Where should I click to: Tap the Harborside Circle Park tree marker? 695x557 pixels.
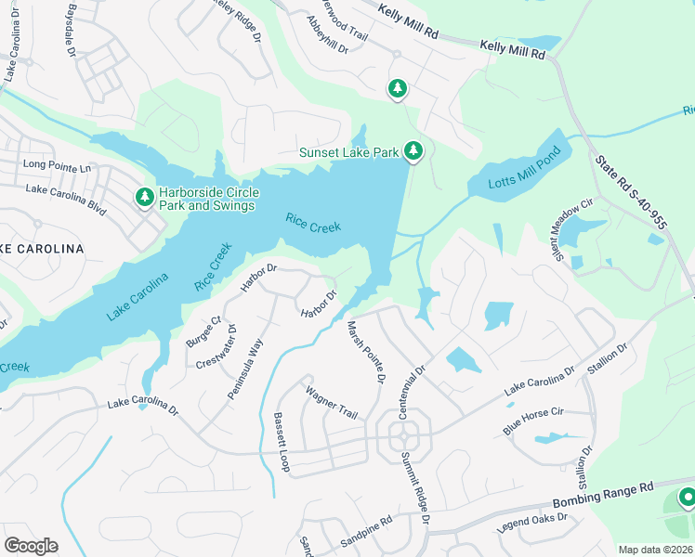(x=144, y=197)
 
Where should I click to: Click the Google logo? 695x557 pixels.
(x=31, y=545)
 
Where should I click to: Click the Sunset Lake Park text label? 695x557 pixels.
(x=348, y=152)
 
